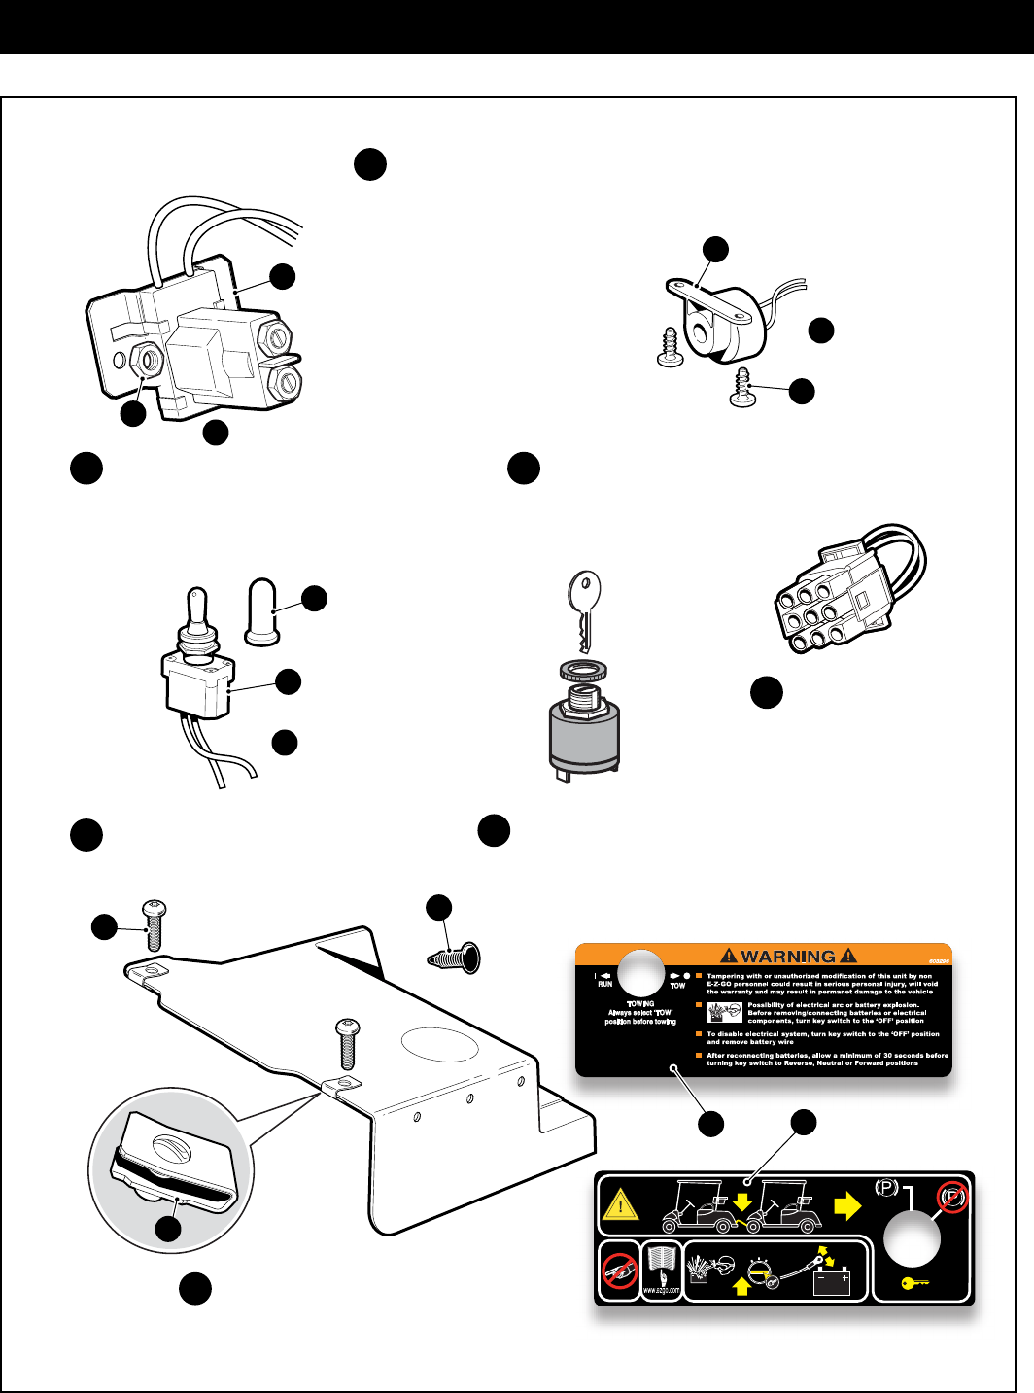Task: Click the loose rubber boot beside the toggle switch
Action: tap(262, 612)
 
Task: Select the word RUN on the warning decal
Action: tap(605, 984)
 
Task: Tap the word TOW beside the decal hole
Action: tap(677, 986)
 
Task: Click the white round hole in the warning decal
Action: tap(641, 973)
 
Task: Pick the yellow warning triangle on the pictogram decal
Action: tap(620, 1206)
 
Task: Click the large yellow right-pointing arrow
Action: tap(847, 1206)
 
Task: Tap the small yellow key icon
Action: tap(914, 1283)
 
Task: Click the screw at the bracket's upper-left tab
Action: tap(154, 925)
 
